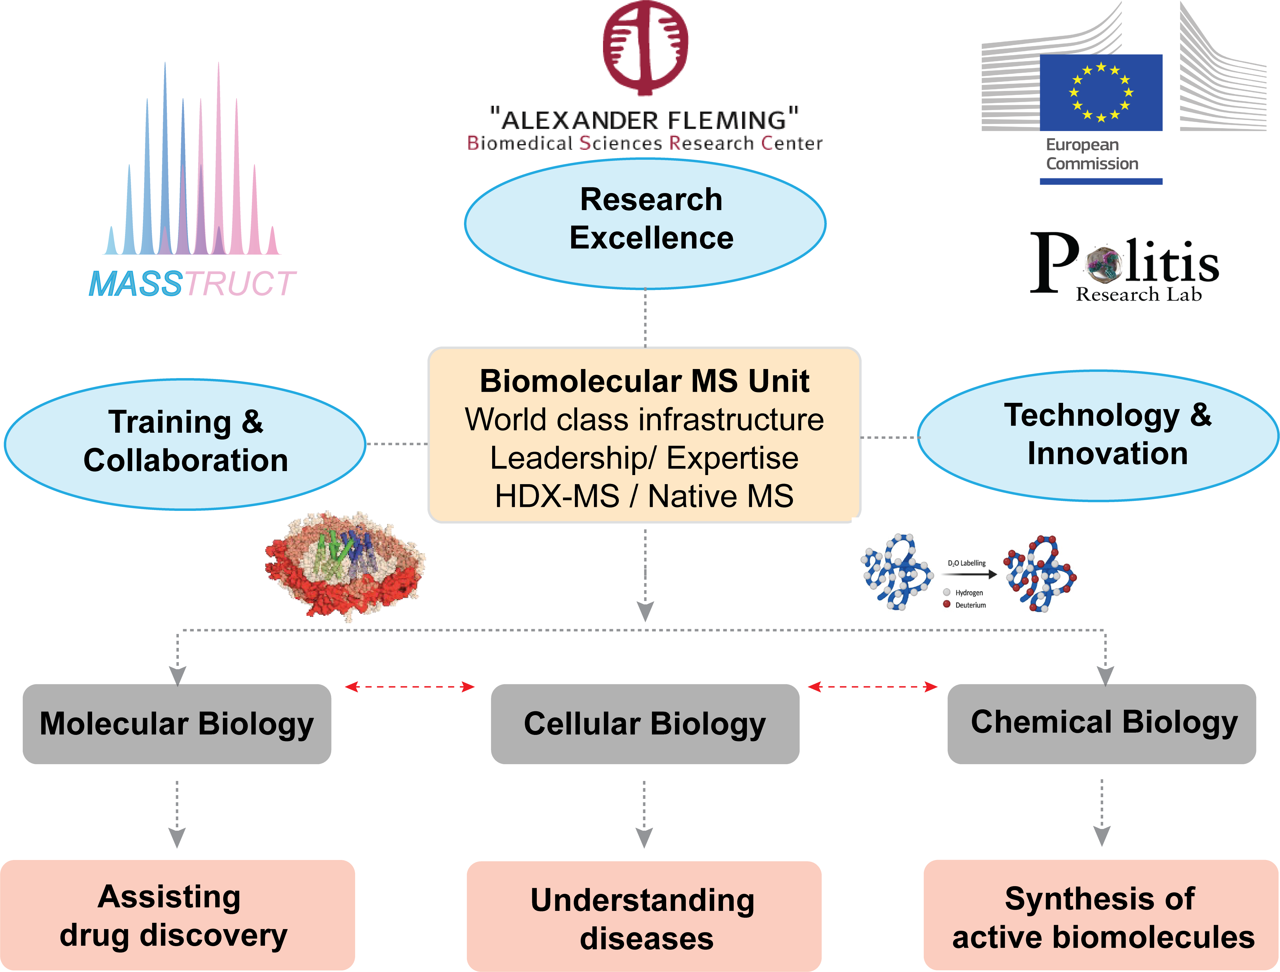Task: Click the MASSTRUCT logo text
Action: point(192,283)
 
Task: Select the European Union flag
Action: point(1101,93)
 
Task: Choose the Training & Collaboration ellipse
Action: point(185,444)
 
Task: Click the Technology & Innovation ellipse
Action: point(1098,436)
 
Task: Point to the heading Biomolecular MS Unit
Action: point(644,381)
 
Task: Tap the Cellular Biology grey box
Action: point(645,724)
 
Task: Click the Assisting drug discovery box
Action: point(177,915)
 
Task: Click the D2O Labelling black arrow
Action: point(969,575)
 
